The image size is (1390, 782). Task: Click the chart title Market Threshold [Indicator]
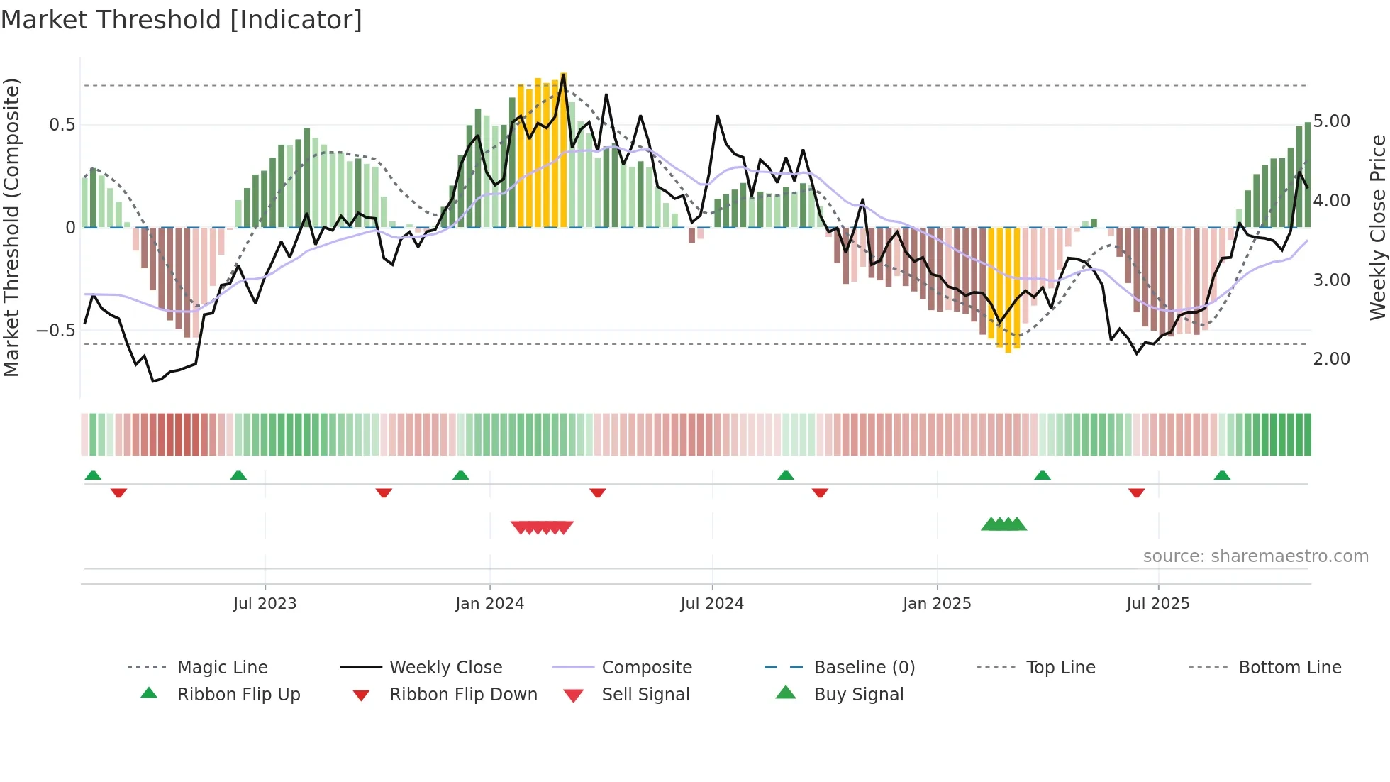182,20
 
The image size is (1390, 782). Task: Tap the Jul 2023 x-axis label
265,604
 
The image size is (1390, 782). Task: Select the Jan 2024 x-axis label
489,604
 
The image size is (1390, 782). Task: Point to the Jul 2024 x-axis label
712,604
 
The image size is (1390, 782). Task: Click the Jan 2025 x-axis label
937,604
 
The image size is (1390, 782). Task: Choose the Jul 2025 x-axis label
1158,604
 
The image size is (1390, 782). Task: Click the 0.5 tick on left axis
62,125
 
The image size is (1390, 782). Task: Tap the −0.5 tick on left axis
56,331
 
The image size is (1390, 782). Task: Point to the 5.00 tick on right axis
1332,121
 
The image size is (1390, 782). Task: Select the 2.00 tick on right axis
1332,359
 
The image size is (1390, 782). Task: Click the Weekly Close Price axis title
1377,227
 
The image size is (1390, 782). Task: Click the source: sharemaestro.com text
1255,556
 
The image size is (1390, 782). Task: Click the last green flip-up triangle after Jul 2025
1222,475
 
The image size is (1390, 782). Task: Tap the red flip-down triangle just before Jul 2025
1137,492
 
